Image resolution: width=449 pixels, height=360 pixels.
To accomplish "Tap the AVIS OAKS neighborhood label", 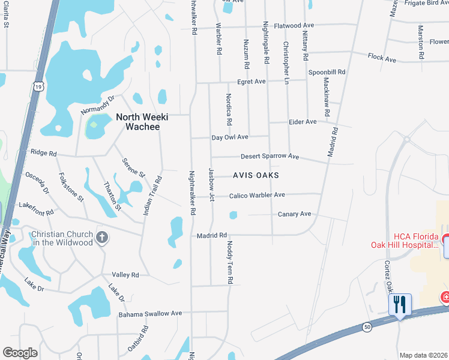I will (x=256, y=176).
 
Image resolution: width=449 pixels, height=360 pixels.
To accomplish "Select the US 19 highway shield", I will (x=38, y=87).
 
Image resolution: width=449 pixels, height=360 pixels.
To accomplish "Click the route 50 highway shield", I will (x=366, y=327).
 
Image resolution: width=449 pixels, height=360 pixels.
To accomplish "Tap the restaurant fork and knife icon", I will (x=400, y=305).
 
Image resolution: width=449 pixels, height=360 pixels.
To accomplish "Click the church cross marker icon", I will (x=101, y=238).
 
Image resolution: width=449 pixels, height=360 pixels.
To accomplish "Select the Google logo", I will (x=20, y=352).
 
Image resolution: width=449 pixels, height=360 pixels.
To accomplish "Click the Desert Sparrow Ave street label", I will (x=270, y=157).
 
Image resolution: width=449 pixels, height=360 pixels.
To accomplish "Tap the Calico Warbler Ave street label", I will (x=257, y=195).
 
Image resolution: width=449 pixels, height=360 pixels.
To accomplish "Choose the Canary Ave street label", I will (x=294, y=214).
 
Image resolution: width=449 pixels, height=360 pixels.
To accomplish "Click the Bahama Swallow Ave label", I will (x=149, y=313).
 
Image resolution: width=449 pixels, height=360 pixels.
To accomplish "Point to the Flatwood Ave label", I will (x=294, y=26).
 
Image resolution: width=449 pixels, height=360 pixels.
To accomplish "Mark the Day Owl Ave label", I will (x=230, y=137).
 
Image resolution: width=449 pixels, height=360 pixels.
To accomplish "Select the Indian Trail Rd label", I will (x=152, y=195).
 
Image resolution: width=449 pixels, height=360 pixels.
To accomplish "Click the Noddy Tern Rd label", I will (x=230, y=262).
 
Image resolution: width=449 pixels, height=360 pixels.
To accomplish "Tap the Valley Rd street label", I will (x=125, y=275).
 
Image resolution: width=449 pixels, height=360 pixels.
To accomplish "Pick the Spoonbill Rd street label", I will (x=327, y=72).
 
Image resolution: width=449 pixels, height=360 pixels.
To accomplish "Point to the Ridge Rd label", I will (x=43, y=153).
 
